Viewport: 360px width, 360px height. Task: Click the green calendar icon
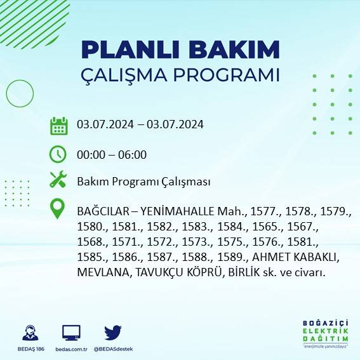pyautogui.click(x=58, y=125)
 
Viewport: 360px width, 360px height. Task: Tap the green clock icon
pyautogui.click(x=58, y=154)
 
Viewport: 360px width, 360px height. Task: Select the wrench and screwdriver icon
pyautogui.click(x=58, y=180)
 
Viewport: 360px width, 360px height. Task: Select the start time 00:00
pyautogui.click(x=90, y=154)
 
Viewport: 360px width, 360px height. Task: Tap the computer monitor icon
pyautogui.click(x=70, y=333)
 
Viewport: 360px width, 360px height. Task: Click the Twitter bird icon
pyautogui.click(x=113, y=333)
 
